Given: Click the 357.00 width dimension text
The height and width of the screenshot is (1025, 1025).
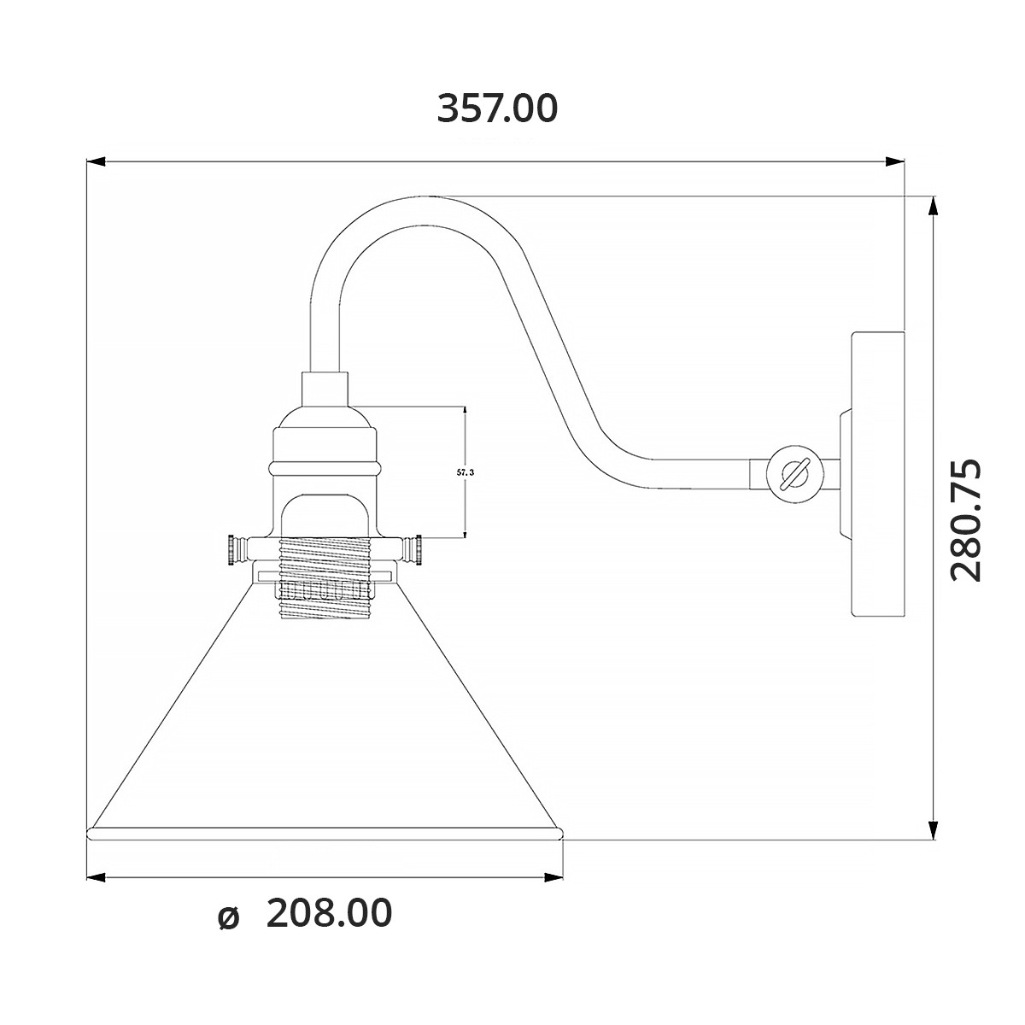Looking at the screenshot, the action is (497, 108).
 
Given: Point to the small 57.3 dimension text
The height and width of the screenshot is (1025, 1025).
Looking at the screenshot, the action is (466, 471).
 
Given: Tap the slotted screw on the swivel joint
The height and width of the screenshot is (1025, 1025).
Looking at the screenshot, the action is (794, 473).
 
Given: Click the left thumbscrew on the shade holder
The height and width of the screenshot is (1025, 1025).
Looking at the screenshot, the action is (236, 549).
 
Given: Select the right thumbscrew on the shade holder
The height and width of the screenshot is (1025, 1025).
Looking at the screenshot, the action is (413, 549).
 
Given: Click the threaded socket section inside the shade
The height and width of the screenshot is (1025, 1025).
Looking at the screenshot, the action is (325, 578).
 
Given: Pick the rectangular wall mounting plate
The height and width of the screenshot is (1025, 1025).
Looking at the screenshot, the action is (878, 474).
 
